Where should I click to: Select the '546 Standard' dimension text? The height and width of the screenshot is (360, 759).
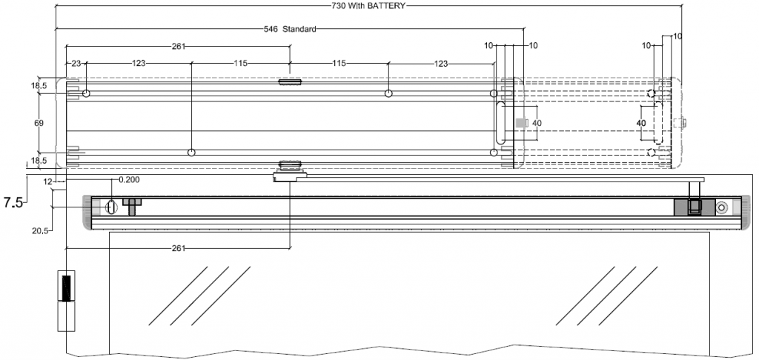291,30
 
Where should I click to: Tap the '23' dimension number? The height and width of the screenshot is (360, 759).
76,64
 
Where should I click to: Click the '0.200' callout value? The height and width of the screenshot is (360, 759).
130,179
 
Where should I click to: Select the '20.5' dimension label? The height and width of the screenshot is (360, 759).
40,231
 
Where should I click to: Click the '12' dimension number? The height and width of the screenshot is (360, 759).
48,181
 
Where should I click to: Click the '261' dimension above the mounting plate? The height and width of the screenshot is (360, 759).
178,47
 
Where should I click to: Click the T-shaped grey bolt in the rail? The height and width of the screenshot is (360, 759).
132,204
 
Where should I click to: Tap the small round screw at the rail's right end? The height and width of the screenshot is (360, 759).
721,208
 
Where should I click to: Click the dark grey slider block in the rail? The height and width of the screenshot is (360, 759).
694,207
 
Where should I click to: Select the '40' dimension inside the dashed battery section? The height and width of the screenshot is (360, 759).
642,122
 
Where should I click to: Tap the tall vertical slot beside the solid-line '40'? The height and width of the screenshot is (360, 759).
501,124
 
